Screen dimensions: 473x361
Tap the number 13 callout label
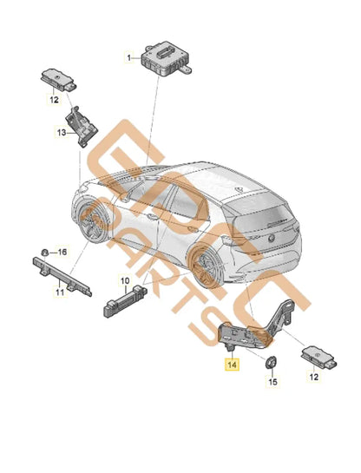point(62,133)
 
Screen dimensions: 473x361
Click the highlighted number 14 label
point(232,366)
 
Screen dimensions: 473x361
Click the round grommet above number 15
point(272,363)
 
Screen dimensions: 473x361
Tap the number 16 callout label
point(61,251)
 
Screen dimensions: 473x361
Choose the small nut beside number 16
point(43,251)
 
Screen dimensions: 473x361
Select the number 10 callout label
point(123,280)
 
